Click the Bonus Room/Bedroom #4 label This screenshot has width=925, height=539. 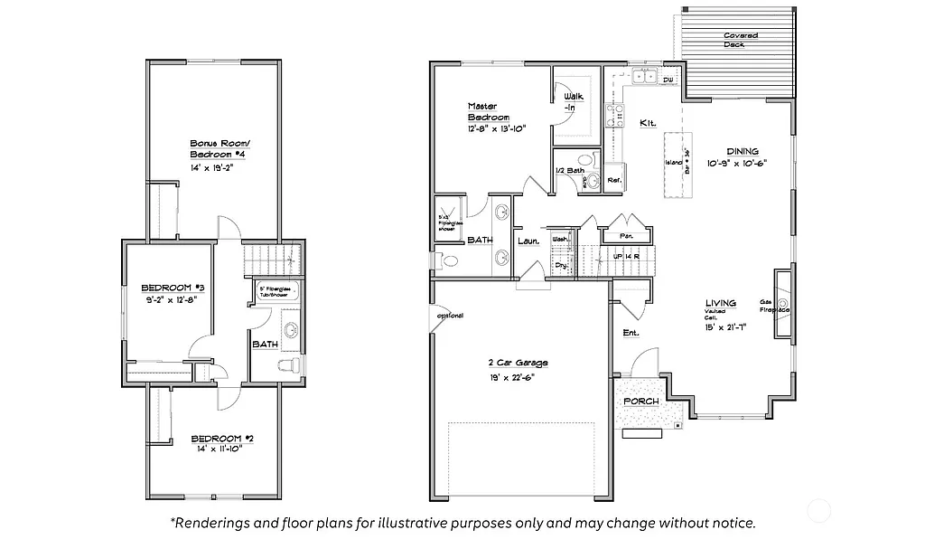(218, 148)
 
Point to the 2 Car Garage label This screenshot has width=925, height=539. (512, 363)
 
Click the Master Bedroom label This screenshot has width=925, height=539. (489, 111)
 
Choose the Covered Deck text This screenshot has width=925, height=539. (741, 40)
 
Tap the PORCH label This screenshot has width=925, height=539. (641, 401)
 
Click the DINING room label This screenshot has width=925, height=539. (743, 151)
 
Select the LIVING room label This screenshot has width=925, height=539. (721, 303)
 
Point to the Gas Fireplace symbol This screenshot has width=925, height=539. (782, 304)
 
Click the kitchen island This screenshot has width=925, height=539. (672, 165)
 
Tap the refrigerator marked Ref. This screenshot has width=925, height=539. (613, 178)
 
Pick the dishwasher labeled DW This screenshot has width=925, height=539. (668, 80)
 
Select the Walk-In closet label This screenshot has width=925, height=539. (571, 101)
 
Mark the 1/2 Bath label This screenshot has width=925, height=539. (570, 170)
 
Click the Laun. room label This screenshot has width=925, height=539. (528, 241)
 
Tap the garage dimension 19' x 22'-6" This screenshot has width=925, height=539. (512, 379)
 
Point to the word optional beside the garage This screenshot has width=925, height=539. (449, 316)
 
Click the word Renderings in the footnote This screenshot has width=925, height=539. (217, 523)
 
